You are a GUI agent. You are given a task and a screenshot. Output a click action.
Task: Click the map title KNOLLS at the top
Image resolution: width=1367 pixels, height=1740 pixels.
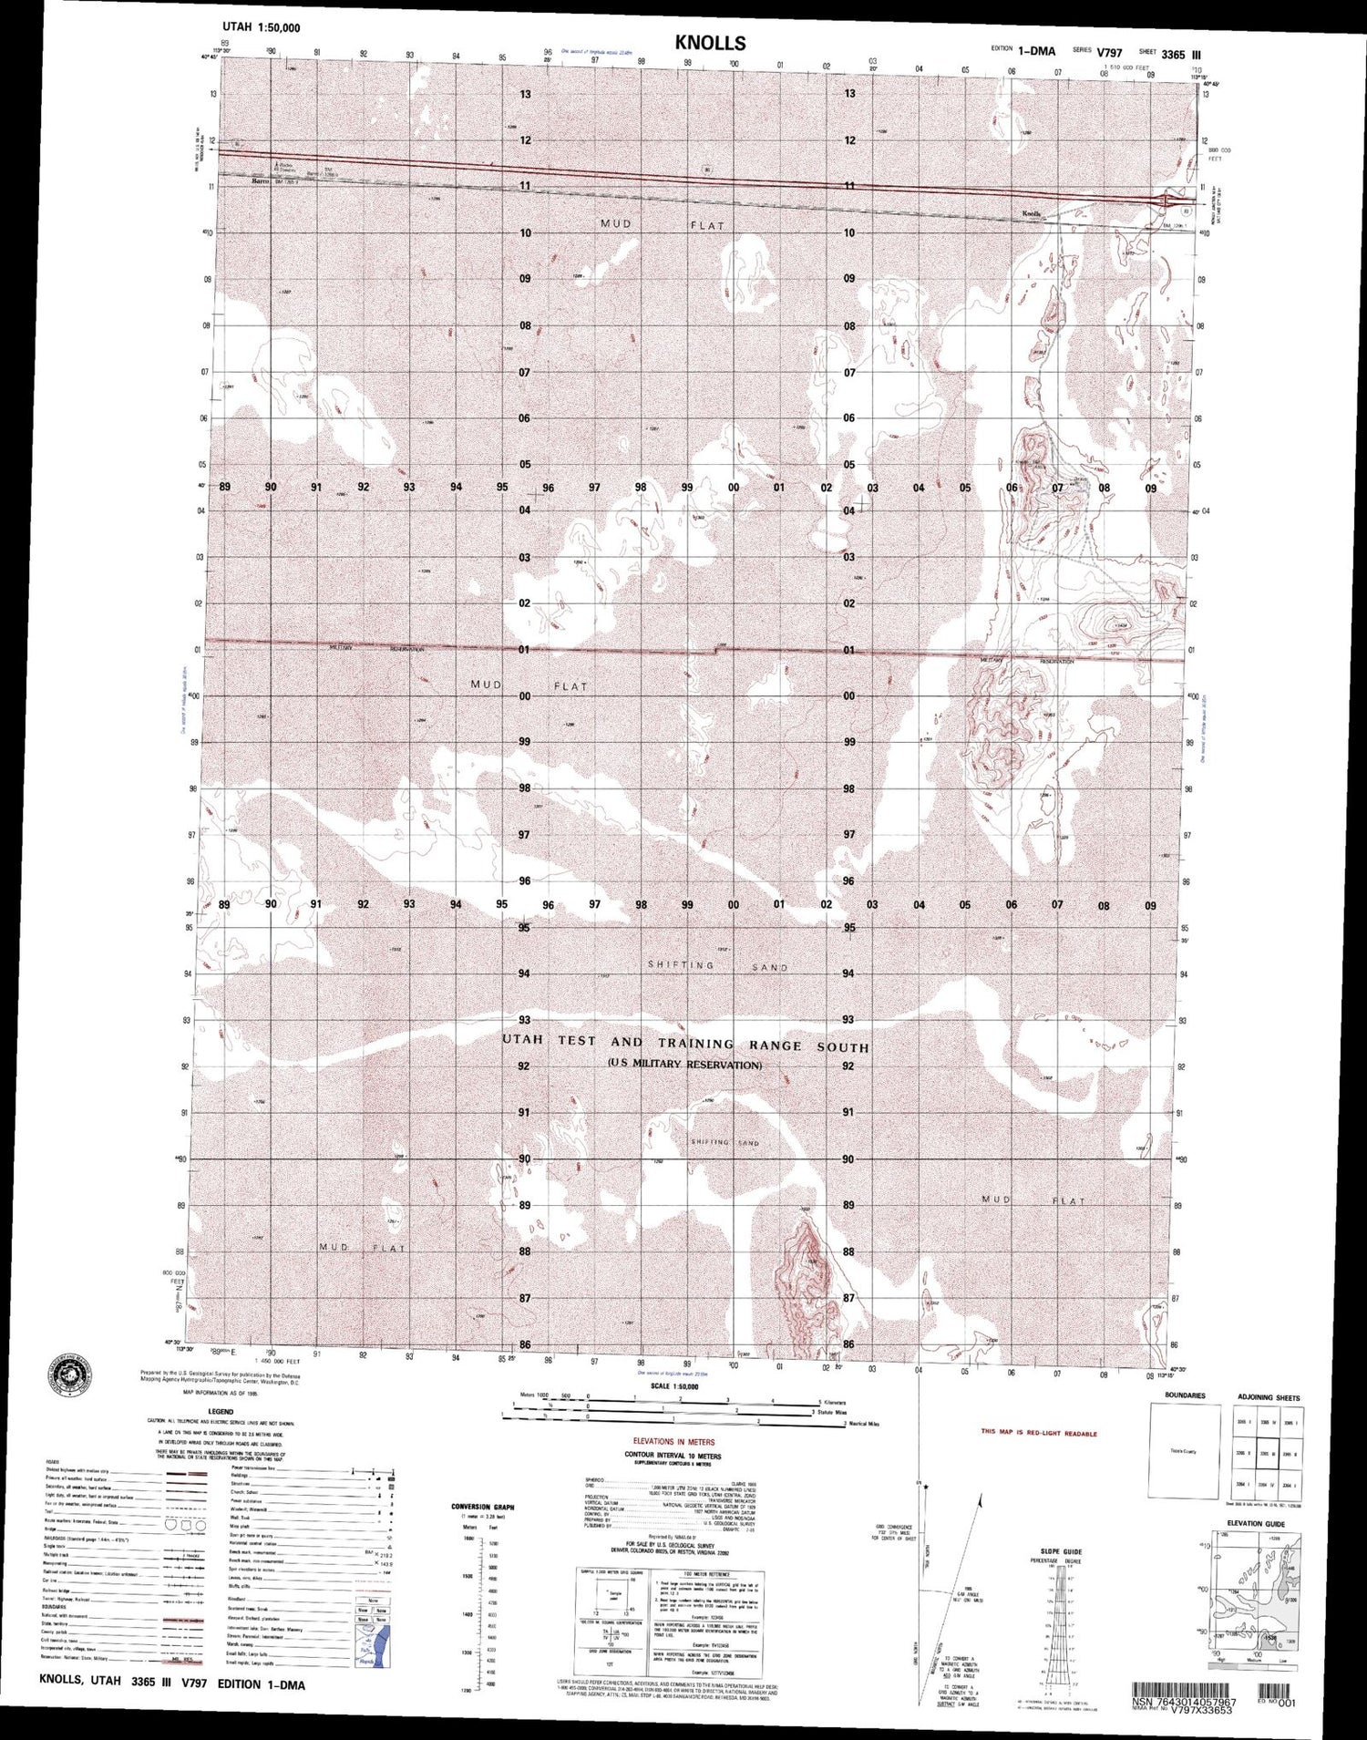pyautogui.click(x=710, y=43)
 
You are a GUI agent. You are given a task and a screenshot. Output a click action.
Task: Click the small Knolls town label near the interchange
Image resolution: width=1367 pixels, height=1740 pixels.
pyautogui.click(x=1031, y=214)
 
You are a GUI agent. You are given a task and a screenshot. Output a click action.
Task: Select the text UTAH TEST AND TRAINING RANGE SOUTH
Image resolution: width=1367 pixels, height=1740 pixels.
pyautogui.click(x=685, y=1045)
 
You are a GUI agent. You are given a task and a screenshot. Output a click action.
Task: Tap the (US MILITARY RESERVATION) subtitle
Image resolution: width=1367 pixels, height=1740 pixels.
pyautogui.click(x=684, y=1065)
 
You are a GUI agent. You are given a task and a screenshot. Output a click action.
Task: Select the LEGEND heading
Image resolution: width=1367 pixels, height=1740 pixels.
pyautogui.click(x=184, y=1411)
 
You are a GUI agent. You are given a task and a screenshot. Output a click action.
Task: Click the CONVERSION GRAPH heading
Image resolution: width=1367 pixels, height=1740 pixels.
pyautogui.click(x=483, y=1507)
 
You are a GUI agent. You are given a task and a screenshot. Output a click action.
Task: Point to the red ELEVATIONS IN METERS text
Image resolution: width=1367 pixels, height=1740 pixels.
pyautogui.click(x=672, y=1441)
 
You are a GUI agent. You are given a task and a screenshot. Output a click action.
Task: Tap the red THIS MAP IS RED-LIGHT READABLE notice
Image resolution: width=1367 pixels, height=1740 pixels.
pyautogui.click(x=1039, y=1434)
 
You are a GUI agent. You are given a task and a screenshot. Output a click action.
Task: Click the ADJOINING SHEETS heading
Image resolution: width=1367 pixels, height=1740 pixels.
pyautogui.click(x=1268, y=1397)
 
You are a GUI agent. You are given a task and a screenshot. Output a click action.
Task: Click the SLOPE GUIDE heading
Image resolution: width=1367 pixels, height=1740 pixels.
pyautogui.click(x=1061, y=1550)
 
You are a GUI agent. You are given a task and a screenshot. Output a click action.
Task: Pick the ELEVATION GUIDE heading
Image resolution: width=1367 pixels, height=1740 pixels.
pyautogui.click(x=1255, y=1523)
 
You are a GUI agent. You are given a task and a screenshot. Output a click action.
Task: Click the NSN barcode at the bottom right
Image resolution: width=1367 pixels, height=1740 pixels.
pyautogui.click(x=1184, y=1689)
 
